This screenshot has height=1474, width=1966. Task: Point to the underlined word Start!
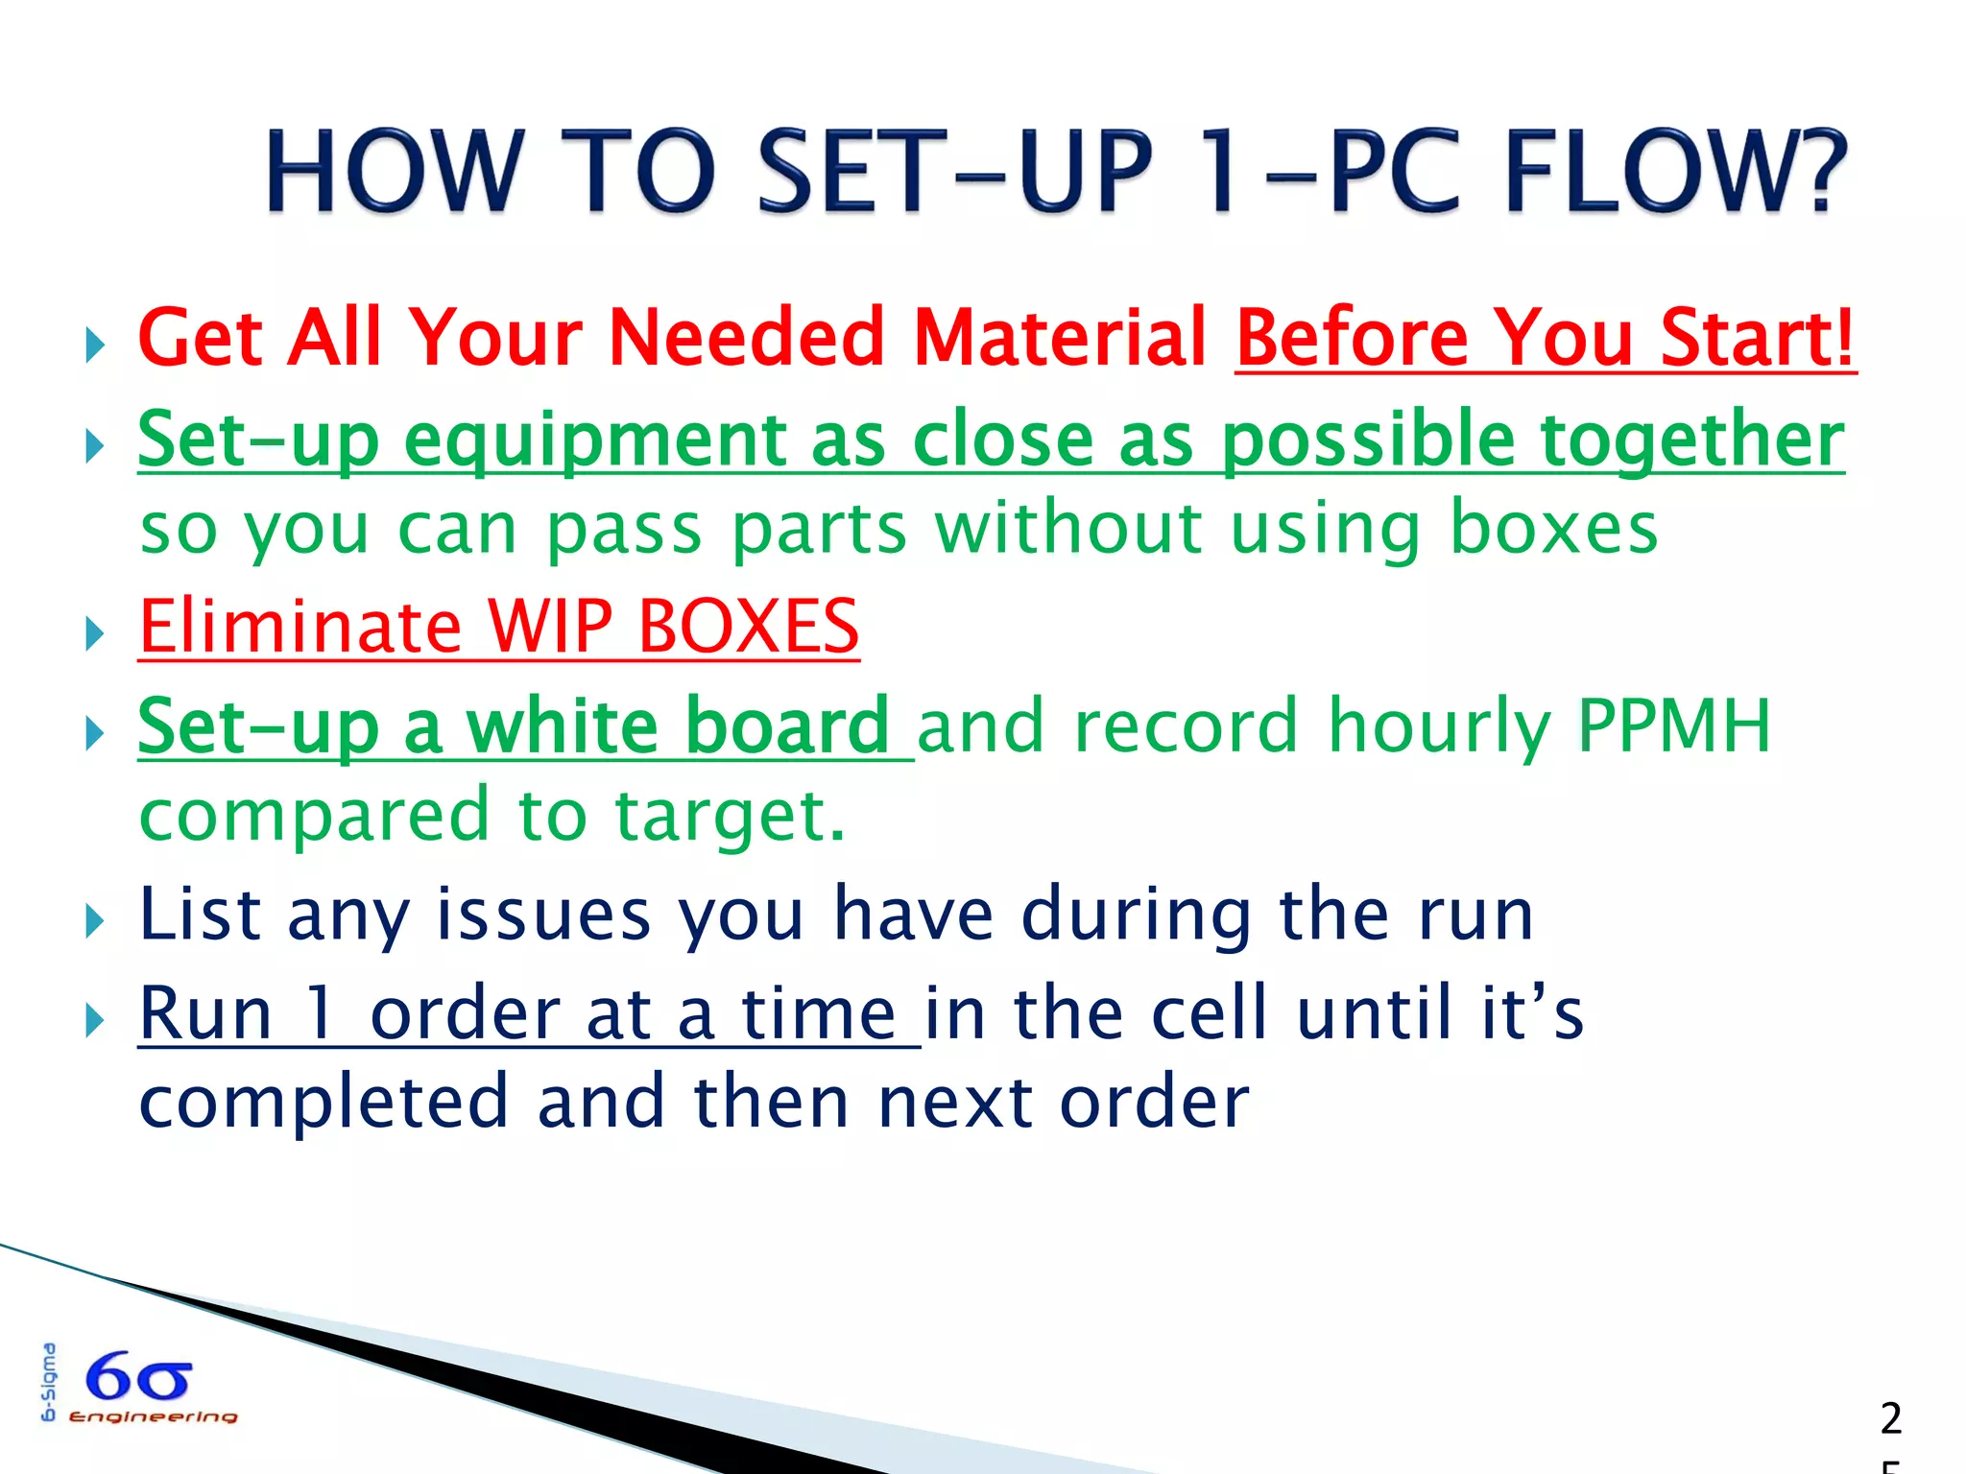pos(1757,338)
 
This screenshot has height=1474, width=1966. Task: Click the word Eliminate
pos(300,626)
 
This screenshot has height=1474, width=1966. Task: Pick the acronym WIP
pos(549,626)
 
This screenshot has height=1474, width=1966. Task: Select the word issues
pos(543,914)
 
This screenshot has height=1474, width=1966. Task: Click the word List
pos(199,914)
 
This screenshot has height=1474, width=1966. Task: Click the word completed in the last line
pos(323,1102)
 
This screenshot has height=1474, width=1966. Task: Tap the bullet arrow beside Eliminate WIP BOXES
pos(94,633)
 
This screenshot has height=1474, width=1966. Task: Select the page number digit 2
pos(1890,1418)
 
